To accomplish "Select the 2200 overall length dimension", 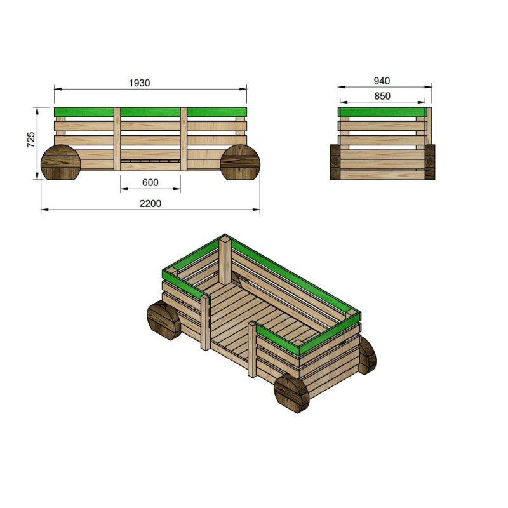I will point(150,204).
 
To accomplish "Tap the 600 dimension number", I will point(150,183).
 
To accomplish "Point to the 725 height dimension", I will point(30,140).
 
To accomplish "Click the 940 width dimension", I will point(382,81).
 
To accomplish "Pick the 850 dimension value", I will point(382,96).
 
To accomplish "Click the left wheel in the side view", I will point(61,163).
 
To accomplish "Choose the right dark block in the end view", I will point(430,161).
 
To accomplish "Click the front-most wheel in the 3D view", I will point(291,394).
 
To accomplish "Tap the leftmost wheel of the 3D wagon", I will point(164,321).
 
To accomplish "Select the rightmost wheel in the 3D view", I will point(367,354).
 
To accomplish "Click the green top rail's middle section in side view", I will point(150,112).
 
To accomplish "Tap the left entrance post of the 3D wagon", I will point(205,321).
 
